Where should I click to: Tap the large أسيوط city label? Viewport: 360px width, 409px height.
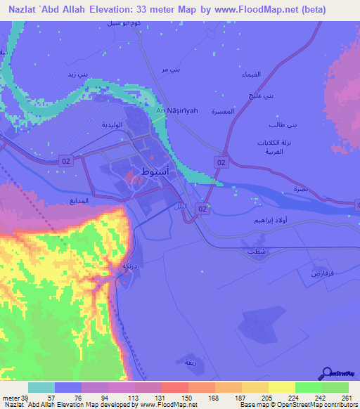pos(155,171)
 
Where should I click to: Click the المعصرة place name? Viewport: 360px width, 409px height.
pos(240,110)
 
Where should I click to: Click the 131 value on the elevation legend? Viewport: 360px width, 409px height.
pos(148,398)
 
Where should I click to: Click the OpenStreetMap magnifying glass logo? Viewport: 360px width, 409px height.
pos(326,373)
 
